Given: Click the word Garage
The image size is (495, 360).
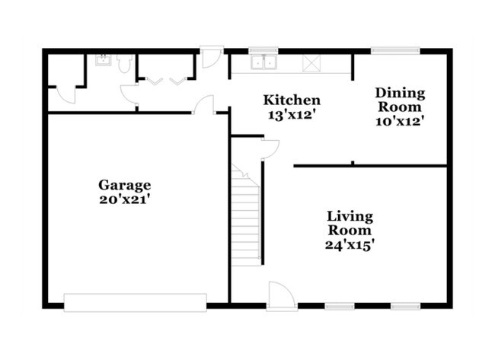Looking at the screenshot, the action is (x=124, y=186).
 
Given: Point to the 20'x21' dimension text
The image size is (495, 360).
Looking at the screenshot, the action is (x=124, y=199).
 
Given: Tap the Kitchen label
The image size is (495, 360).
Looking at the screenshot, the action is (x=292, y=100).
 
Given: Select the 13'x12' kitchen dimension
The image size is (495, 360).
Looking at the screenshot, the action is (x=292, y=114).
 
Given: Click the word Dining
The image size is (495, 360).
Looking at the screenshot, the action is (x=400, y=94).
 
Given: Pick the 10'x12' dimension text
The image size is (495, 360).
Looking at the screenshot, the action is (x=399, y=121).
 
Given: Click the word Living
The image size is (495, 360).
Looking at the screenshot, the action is (x=350, y=217).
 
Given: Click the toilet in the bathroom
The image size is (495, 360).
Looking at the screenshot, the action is (x=123, y=63).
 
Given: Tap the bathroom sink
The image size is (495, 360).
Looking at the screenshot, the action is (x=103, y=60).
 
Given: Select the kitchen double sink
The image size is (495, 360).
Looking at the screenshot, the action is (x=263, y=62).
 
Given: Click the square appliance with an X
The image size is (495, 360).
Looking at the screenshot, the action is (x=311, y=63).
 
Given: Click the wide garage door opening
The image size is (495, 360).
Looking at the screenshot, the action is (x=135, y=303).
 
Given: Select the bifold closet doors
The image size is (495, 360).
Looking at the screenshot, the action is (x=166, y=81).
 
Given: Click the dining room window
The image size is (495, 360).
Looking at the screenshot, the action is (x=395, y=50).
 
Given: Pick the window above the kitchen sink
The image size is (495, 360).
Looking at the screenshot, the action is (x=263, y=50).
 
